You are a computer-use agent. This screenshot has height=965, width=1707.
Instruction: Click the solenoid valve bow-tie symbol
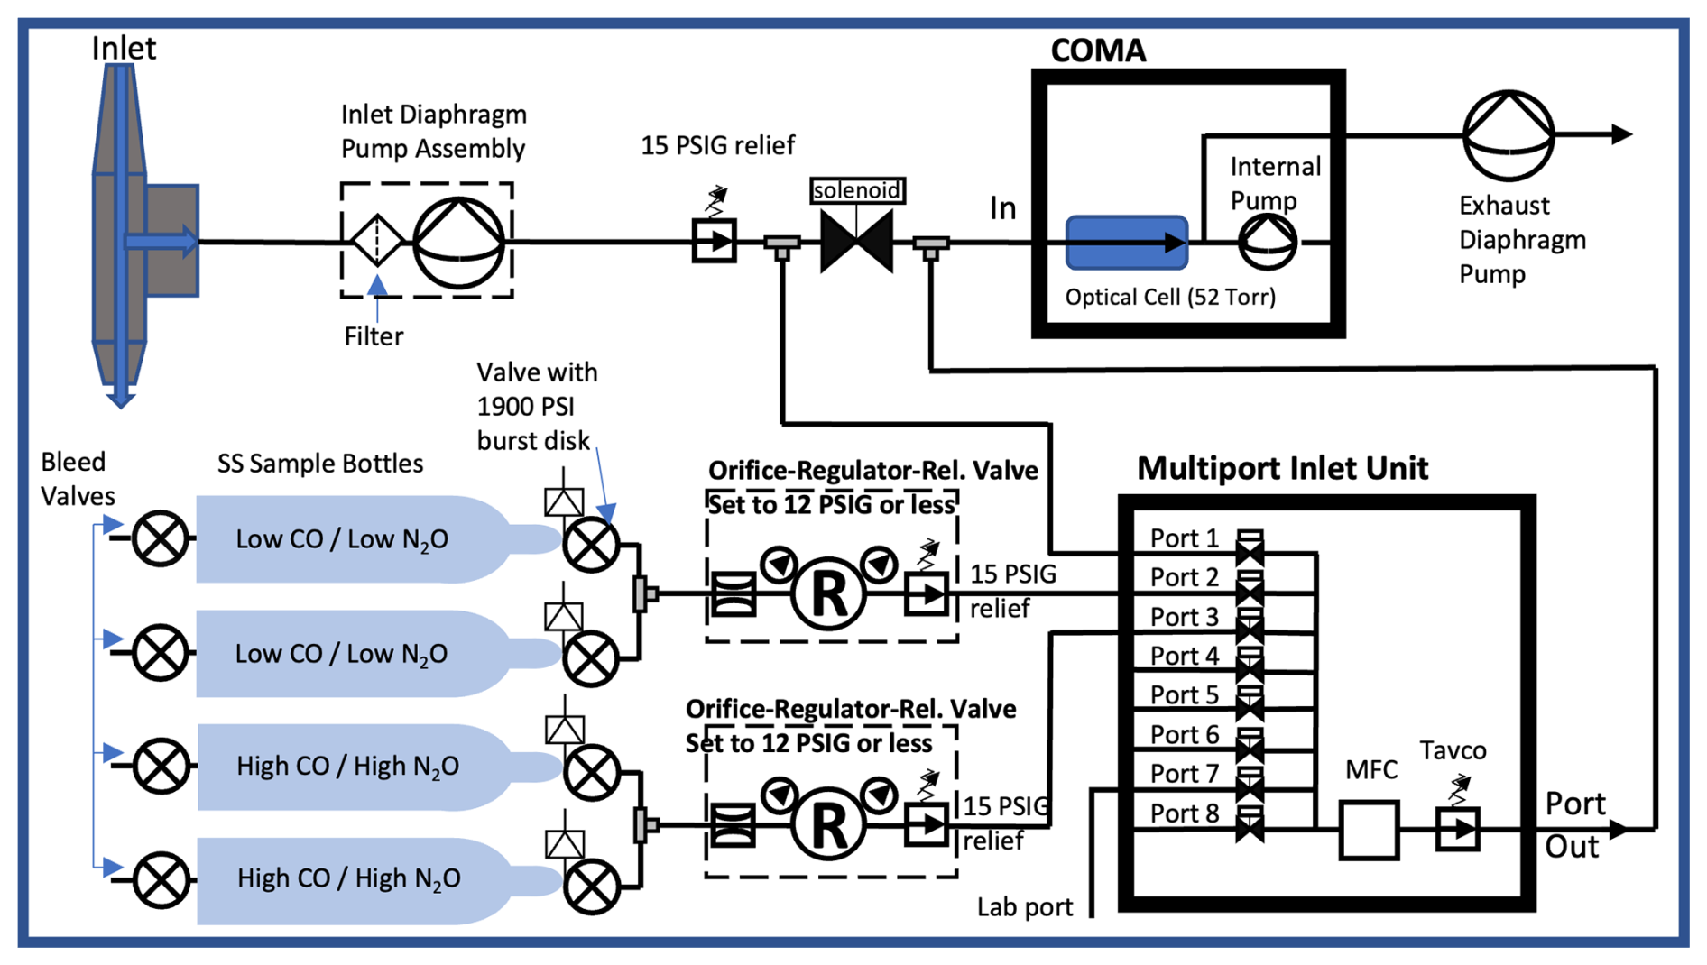(856, 242)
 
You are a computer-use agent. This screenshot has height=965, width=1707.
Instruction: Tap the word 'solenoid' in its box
(856, 190)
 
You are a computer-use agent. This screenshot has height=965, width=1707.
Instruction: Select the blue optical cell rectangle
(1126, 242)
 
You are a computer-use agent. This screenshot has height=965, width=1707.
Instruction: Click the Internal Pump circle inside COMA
(1267, 242)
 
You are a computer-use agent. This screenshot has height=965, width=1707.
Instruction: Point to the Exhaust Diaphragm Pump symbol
(1508, 135)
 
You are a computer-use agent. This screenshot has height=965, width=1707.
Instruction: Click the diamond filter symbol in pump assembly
(376, 240)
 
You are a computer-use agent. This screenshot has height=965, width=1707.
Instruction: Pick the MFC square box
(1369, 830)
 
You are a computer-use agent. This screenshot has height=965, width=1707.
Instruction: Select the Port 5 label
(1184, 695)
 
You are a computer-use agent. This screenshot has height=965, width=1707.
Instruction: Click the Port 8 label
(1184, 813)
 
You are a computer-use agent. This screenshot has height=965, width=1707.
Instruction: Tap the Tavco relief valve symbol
(1457, 829)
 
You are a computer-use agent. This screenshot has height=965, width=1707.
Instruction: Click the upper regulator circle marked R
(828, 593)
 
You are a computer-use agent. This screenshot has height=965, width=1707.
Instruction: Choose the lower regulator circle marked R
(828, 824)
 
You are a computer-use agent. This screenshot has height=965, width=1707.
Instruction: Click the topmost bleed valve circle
(160, 538)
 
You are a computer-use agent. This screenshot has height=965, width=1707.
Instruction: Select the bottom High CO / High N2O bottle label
(348, 878)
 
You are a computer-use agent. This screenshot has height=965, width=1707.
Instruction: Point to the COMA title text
(1098, 51)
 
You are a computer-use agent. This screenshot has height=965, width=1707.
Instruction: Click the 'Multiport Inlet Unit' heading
(1282, 468)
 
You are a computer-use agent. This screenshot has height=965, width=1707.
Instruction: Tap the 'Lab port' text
(1025, 907)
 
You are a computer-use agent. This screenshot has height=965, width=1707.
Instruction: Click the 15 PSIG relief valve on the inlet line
(714, 241)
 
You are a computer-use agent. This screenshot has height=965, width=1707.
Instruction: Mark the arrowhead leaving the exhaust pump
(1620, 134)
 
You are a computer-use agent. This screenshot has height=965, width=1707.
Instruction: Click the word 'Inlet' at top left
(124, 48)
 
